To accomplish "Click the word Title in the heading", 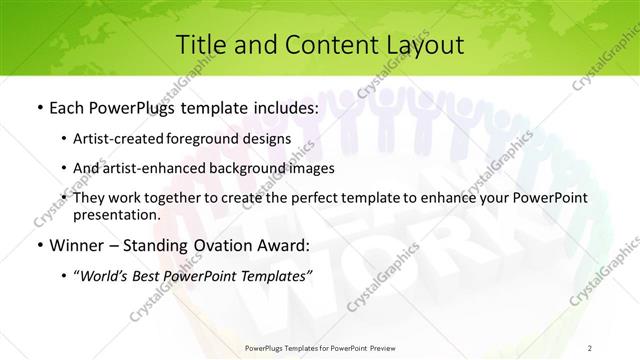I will [199, 44].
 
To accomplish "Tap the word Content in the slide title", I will [320, 44].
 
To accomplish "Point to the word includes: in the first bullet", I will [284, 106].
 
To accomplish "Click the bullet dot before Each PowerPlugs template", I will [38, 106].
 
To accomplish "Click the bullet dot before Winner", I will [38, 245].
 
